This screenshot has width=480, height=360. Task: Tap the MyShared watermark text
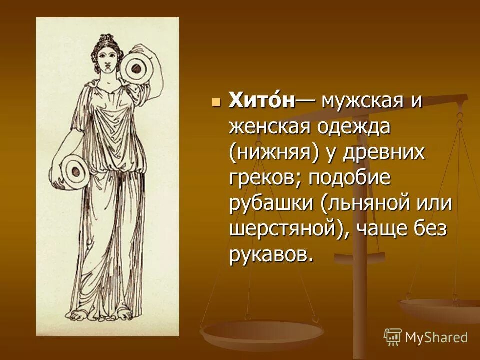436,337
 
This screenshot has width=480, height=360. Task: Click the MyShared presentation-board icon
393,337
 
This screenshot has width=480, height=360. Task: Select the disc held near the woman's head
133,69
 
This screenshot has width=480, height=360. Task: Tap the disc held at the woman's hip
75,170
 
